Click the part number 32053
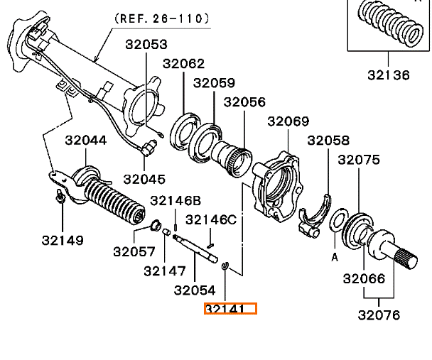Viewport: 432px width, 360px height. coord(146,44)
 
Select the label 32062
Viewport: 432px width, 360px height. coord(184,63)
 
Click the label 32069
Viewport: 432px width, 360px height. coord(288,121)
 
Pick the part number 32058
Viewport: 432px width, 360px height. coord(329,141)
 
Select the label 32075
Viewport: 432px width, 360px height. coord(359,160)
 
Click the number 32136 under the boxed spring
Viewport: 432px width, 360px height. coord(389,73)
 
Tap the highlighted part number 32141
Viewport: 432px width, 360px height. coord(229,309)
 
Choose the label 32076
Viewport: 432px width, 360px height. coord(379,315)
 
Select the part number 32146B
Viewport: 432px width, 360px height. coord(175,200)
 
